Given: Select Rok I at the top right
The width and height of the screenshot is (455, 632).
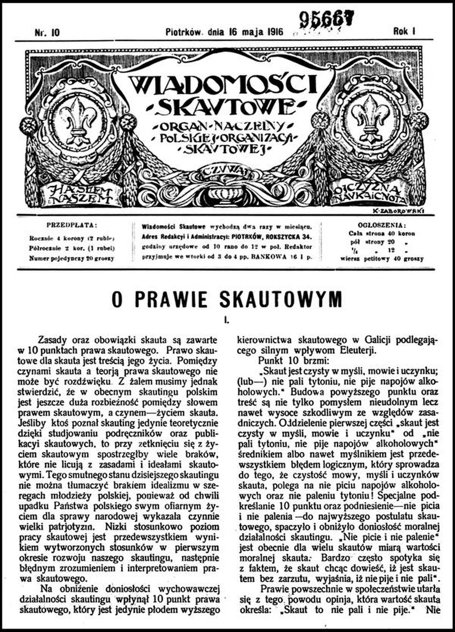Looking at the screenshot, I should point(404,32).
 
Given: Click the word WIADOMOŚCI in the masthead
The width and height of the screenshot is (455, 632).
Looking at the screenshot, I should point(222,85).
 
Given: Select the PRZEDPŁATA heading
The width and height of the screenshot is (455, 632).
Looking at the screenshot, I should point(72,224).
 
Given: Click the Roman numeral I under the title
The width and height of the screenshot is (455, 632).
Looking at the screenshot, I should point(226,320).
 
